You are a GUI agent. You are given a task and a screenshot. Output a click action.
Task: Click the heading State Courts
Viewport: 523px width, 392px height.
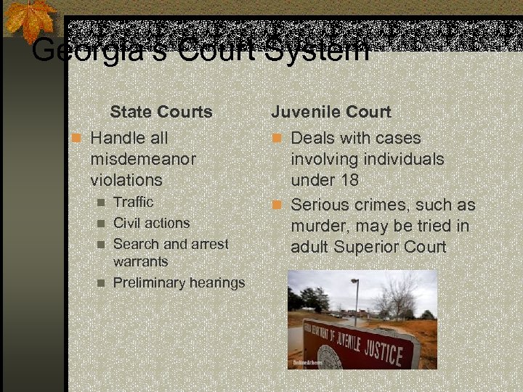point(161,113)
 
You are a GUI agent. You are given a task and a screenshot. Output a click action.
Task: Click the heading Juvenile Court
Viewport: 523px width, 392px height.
point(331,113)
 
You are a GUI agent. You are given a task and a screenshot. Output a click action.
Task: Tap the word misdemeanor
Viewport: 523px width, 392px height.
point(143,158)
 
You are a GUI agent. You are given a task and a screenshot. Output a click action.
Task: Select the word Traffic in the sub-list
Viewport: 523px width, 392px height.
point(134,202)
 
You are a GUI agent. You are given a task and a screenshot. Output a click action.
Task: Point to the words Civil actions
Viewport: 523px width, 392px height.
point(152,223)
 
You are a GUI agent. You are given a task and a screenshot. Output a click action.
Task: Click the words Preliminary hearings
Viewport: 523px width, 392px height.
point(179,282)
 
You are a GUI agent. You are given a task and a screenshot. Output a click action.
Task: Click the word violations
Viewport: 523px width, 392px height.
point(126,179)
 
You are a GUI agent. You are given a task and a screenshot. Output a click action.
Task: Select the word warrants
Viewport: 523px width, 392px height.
point(140,261)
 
